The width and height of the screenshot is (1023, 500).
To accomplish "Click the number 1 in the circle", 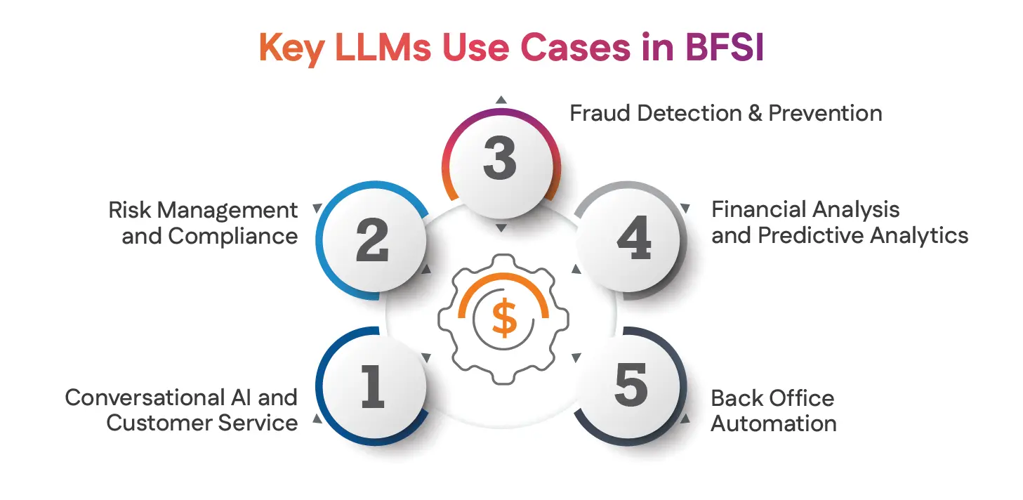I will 372,387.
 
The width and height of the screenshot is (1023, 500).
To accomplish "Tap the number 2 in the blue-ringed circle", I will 372,242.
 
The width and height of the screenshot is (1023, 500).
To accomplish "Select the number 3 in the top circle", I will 500,159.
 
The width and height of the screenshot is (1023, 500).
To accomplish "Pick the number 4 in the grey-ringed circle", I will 633,242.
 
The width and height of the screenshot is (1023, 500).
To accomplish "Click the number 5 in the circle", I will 631,387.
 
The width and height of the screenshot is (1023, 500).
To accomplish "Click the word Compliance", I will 234,236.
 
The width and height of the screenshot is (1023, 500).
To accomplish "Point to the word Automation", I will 773,423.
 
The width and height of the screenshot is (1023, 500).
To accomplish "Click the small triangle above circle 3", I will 500,100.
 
